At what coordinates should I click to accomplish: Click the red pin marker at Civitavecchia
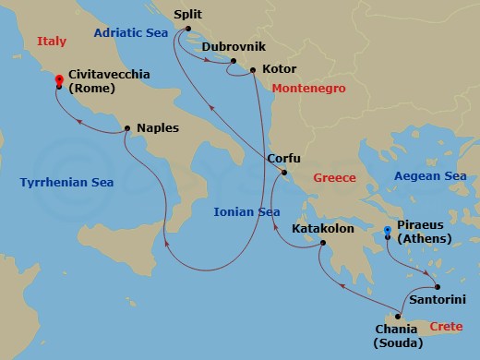tap(59, 81)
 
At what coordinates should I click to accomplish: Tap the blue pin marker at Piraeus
tap(387, 231)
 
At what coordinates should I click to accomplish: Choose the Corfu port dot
tap(284, 173)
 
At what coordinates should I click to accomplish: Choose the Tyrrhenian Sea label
tap(66, 183)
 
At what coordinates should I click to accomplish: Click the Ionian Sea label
tap(246, 211)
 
